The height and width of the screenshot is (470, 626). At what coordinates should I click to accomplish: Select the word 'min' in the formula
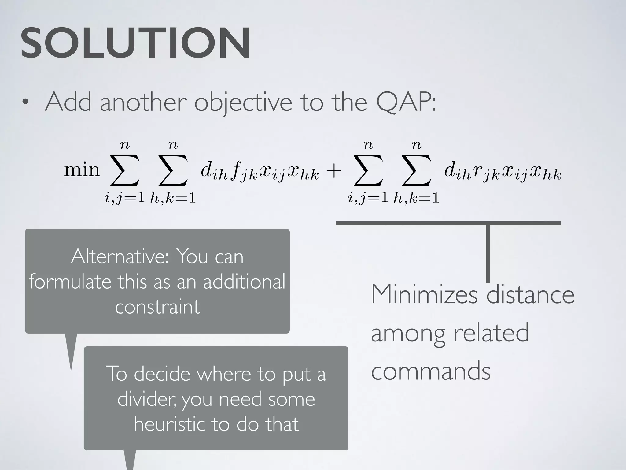(82, 170)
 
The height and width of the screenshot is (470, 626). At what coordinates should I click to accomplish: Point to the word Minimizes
(424, 294)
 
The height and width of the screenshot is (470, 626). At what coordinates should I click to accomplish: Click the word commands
(431, 371)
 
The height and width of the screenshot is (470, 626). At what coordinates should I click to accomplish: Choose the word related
(491, 333)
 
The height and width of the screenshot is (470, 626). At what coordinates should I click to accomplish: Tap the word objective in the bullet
(243, 103)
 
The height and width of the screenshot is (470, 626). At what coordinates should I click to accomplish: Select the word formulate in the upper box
(70, 282)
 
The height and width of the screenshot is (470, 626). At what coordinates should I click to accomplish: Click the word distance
(530, 294)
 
